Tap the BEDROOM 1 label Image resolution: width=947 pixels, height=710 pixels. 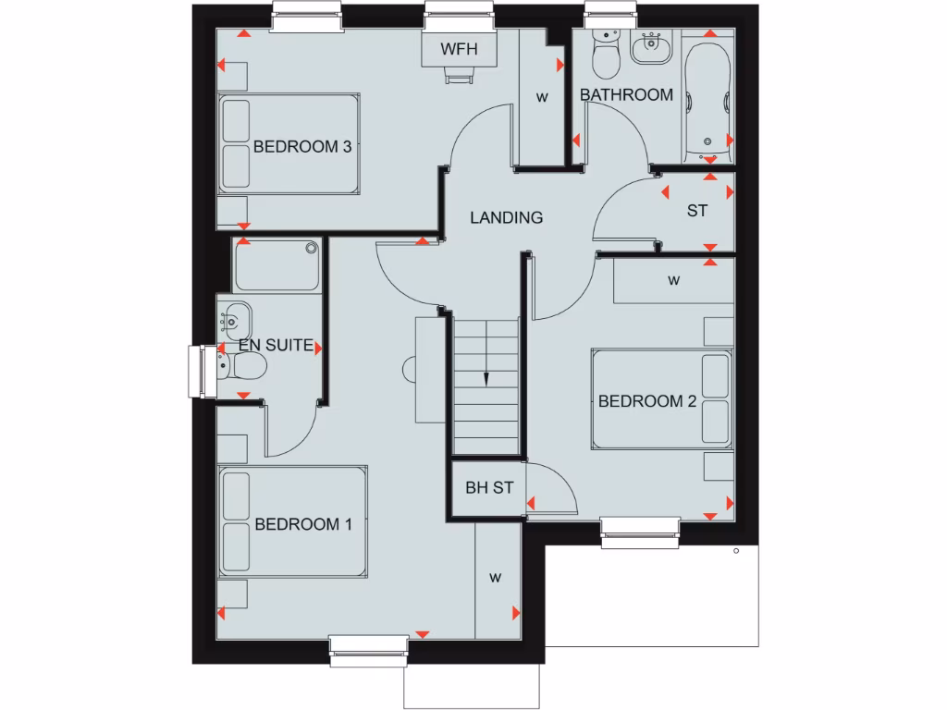(303, 524)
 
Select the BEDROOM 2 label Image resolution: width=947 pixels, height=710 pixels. (646, 401)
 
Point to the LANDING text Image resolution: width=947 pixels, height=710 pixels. (506, 218)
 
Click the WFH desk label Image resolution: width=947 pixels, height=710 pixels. (460, 49)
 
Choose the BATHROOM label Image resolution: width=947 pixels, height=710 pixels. (626, 95)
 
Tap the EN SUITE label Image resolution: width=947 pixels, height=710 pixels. (276, 345)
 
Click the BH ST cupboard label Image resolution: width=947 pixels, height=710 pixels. (488, 488)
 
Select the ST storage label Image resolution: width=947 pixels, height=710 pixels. (696, 211)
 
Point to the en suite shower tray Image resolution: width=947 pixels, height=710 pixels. (277, 267)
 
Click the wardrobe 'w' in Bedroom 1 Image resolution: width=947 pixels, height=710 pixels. (495, 578)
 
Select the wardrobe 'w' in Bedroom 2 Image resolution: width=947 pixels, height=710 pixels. (673, 280)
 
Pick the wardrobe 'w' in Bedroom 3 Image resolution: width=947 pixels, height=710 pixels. (542, 96)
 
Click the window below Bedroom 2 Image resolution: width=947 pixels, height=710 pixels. (640, 532)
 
